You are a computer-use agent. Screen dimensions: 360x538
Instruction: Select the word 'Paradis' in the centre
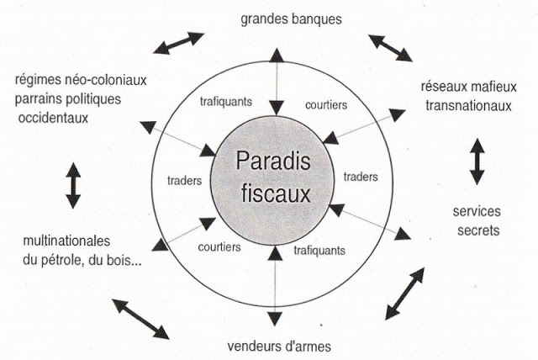(x=273, y=160)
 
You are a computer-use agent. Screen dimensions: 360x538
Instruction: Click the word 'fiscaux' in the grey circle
(x=273, y=194)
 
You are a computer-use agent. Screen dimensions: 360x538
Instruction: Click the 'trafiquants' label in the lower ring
(x=319, y=250)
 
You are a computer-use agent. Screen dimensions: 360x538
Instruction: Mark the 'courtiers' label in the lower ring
(x=219, y=247)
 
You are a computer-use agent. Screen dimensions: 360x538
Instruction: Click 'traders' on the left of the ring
(x=185, y=178)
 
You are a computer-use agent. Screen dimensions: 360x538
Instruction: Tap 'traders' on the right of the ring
(x=360, y=177)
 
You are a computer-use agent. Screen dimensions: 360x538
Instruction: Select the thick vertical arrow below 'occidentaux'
(x=72, y=185)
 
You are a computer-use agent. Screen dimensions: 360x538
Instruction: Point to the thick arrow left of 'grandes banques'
(x=178, y=43)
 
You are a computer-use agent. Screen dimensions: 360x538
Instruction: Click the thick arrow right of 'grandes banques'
(x=390, y=48)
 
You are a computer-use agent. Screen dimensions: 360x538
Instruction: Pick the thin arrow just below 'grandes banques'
(x=275, y=83)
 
